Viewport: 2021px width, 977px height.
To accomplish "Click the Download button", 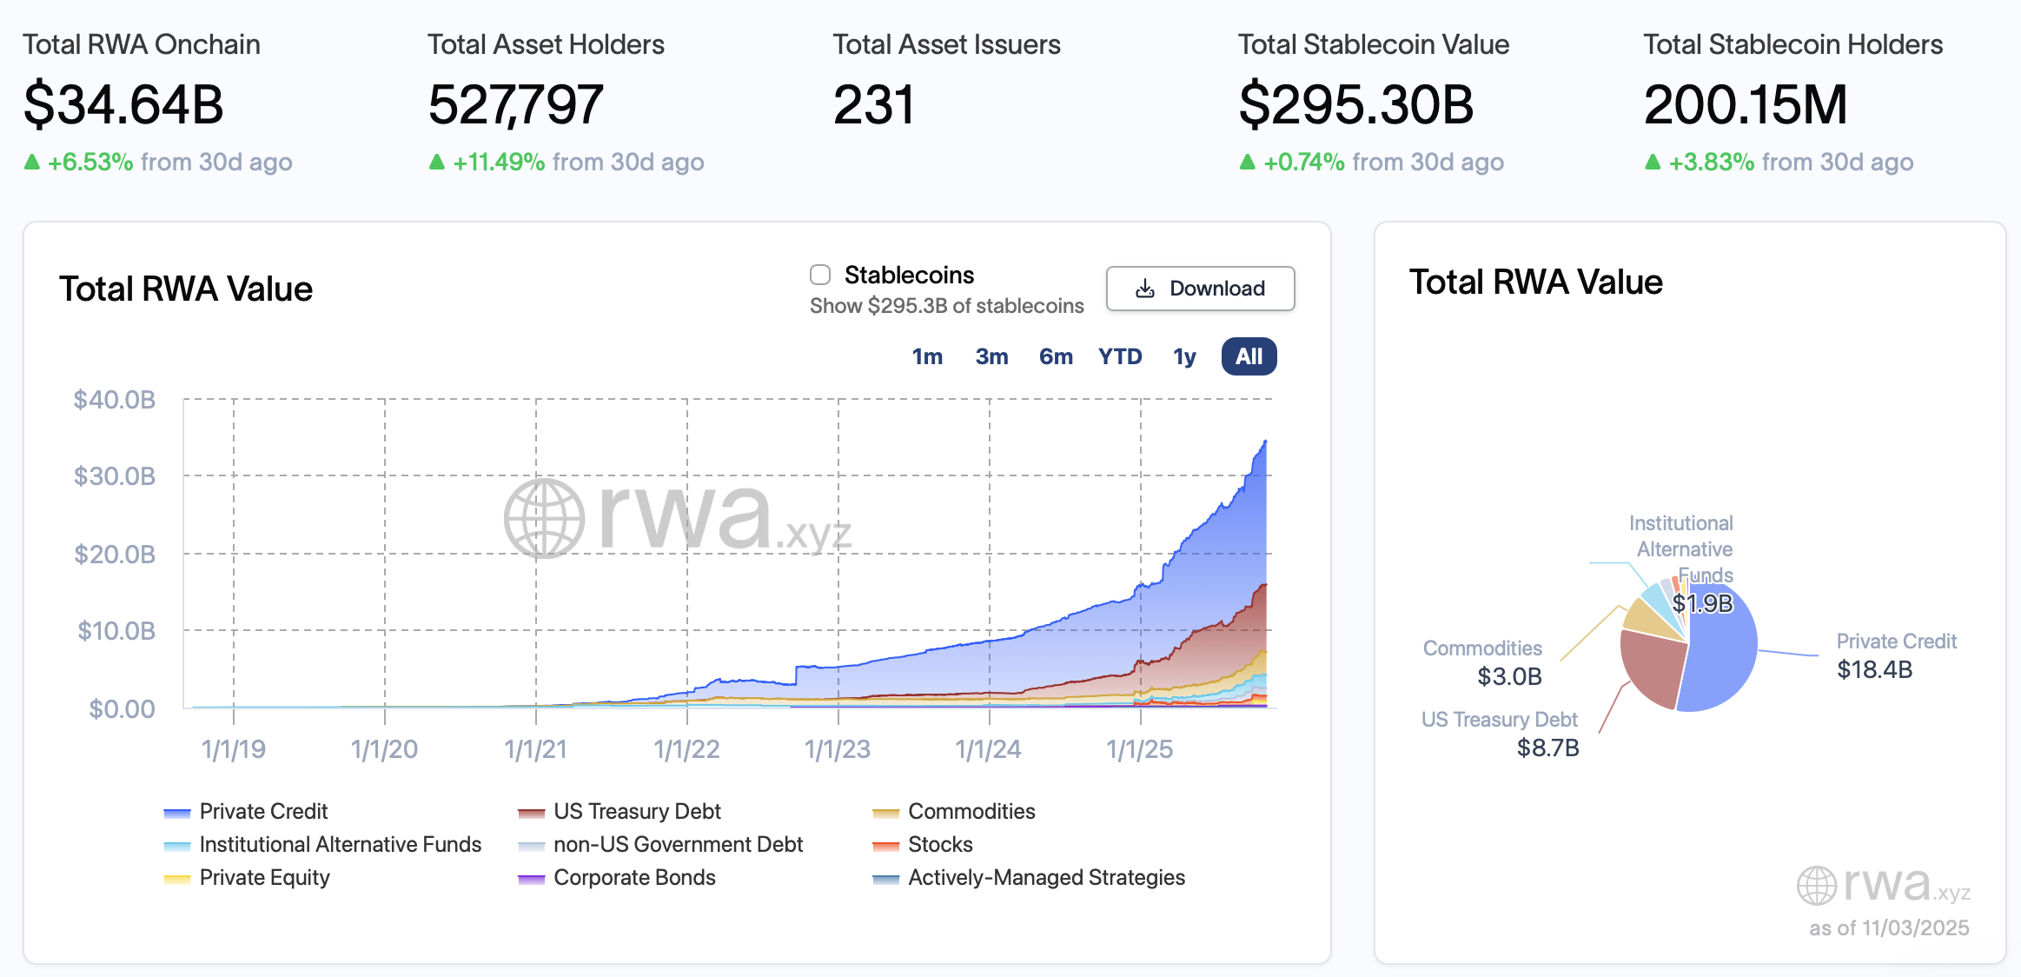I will click(x=1200, y=289).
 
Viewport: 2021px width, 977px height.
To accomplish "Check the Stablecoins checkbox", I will click(x=820, y=275).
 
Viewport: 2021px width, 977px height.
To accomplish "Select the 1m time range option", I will click(x=927, y=356).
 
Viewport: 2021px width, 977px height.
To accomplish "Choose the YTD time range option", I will click(x=1119, y=356).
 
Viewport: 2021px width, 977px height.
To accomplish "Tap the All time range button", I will click(x=1249, y=356).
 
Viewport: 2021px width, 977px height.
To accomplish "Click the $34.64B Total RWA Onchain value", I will click(x=123, y=104).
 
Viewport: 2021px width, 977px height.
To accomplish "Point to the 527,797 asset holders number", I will click(x=515, y=104).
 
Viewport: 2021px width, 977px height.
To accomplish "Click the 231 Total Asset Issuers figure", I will click(x=873, y=104).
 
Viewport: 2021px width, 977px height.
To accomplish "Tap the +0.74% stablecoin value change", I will click(x=1303, y=163).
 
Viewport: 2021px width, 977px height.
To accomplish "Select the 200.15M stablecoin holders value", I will click(x=1745, y=104).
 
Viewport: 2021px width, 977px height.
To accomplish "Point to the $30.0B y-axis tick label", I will click(x=115, y=476).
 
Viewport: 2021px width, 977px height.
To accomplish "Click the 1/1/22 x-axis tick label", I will click(x=686, y=749).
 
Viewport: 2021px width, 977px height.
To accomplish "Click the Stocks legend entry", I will click(x=939, y=844).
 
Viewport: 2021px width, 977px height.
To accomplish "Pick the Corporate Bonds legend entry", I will click(x=633, y=877).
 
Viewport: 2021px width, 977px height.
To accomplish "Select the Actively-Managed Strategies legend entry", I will click(x=1045, y=877).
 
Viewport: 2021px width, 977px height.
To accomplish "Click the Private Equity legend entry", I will click(x=264, y=877).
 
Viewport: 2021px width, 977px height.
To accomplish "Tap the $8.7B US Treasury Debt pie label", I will click(x=1547, y=748).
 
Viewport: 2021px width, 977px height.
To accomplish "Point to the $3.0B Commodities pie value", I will click(x=1509, y=676).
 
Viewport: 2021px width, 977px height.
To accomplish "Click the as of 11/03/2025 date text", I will click(x=1888, y=928).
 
